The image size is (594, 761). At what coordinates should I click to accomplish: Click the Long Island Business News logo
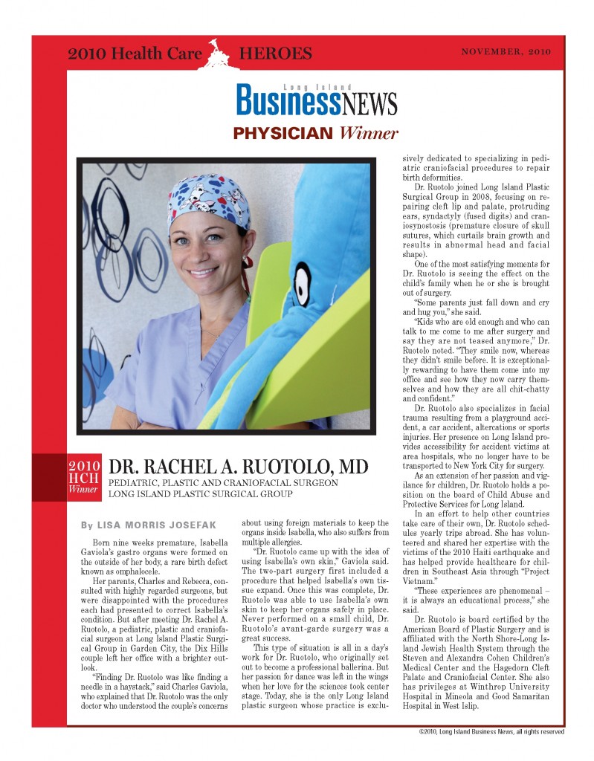coord(317,99)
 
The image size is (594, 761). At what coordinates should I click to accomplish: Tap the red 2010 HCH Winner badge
coord(84,479)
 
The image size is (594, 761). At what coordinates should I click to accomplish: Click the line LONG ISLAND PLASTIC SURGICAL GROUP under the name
coord(201,493)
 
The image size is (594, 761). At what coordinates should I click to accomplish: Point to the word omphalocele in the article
coord(134,575)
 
